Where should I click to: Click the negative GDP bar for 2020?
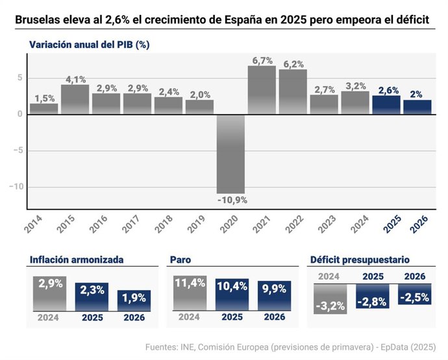(x=230, y=154)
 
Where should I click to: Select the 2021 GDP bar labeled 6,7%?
(x=262, y=90)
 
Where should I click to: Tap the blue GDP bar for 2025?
(x=386, y=105)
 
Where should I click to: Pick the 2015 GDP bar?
(x=75, y=99)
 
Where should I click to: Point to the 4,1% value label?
(x=75, y=80)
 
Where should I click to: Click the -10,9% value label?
(x=231, y=199)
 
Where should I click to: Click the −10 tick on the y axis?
(x=15, y=187)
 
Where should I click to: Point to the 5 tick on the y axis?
(x=20, y=78)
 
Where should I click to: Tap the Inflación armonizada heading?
(x=77, y=260)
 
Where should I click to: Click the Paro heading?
(x=180, y=260)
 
